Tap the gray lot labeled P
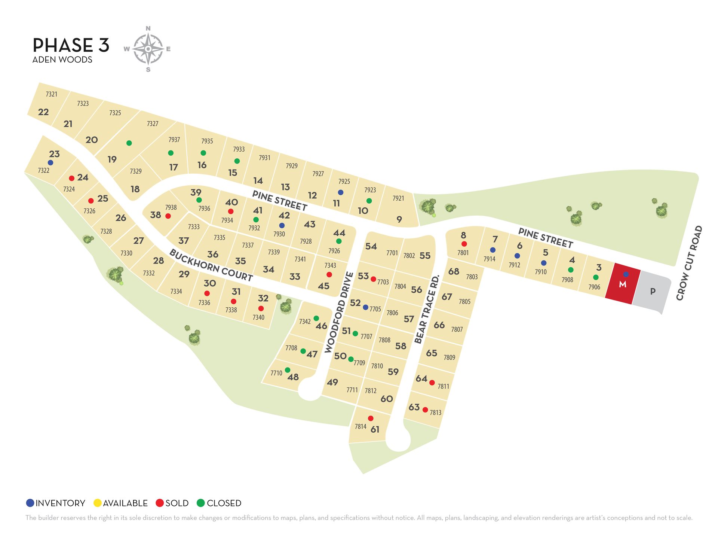pyautogui.click(x=653, y=292)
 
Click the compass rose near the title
pyautogui.click(x=148, y=49)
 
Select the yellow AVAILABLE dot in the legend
pyautogui.click(x=98, y=503)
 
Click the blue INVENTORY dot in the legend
pyautogui.click(x=30, y=503)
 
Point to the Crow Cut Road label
pyautogui.click(x=689, y=263)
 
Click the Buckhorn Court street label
pyautogui.click(x=211, y=265)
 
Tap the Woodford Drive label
pyautogui.click(x=339, y=313)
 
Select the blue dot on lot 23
pyautogui.click(x=50, y=163)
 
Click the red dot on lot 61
pyautogui.click(x=371, y=418)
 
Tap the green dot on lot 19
pyautogui.click(x=129, y=143)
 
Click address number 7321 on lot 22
pyautogui.click(x=52, y=94)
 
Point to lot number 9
pyautogui.click(x=399, y=219)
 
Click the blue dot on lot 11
pyautogui.click(x=340, y=192)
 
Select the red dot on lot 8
pyautogui.click(x=464, y=244)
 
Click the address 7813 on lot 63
pyautogui.click(x=436, y=412)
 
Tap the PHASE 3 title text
pyautogui.click(x=71, y=45)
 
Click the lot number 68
pyautogui.click(x=454, y=271)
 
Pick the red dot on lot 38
pyautogui.click(x=168, y=216)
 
